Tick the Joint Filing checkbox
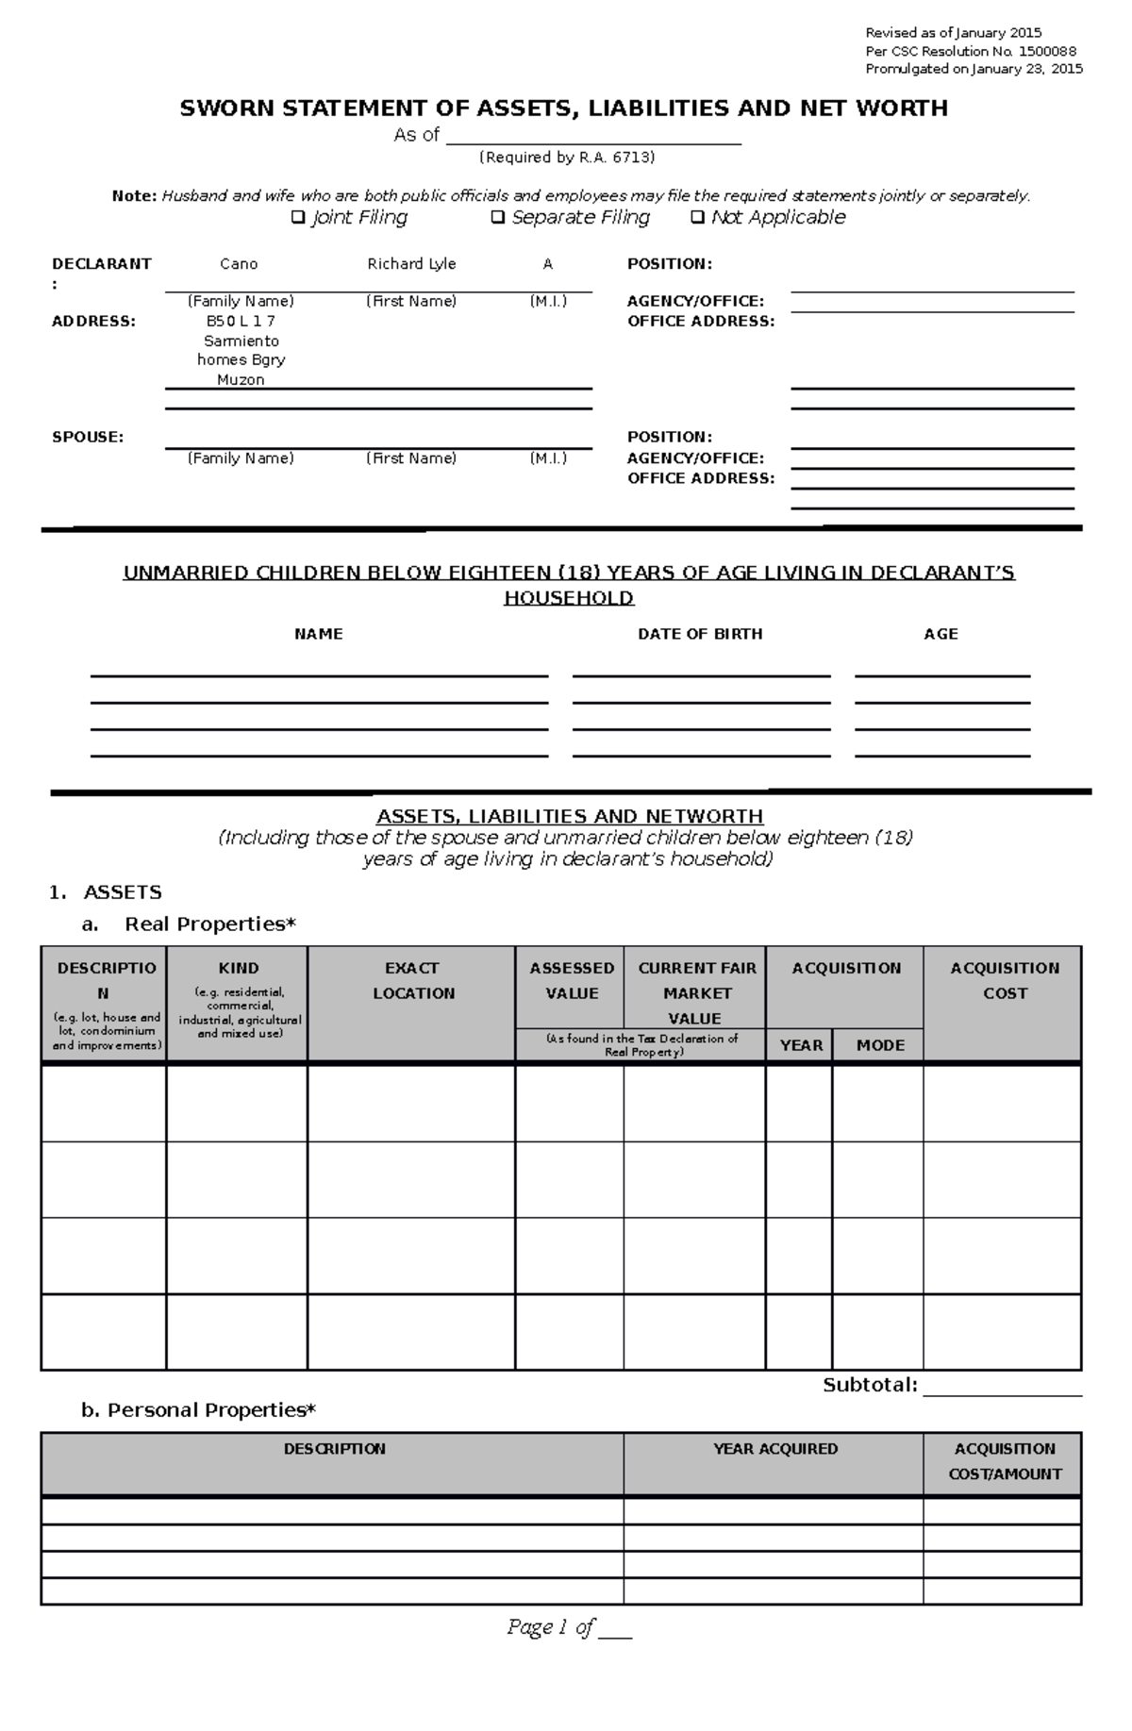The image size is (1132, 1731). click(x=299, y=218)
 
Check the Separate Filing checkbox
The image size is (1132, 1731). click(x=498, y=218)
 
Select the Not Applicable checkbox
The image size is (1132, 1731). click(x=697, y=218)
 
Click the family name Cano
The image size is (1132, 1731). click(x=239, y=264)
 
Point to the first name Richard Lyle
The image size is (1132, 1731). click(x=411, y=264)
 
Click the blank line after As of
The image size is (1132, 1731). click(x=593, y=137)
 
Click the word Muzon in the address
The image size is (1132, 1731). click(x=241, y=380)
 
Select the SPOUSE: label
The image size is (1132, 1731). click(x=88, y=437)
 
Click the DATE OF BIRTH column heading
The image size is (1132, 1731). click(x=700, y=634)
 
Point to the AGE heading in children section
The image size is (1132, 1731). click(x=941, y=634)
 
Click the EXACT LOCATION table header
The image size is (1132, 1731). click(x=413, y=980)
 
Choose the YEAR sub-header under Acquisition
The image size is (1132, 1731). click(x=801, y=1045)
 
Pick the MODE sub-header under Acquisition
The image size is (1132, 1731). click(x=880, y=1045)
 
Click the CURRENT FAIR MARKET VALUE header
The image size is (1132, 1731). click(x=697, y=993)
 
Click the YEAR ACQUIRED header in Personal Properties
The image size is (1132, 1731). click(x=774, y=1449)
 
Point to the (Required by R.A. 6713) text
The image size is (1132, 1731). click(x=566, y=158)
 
